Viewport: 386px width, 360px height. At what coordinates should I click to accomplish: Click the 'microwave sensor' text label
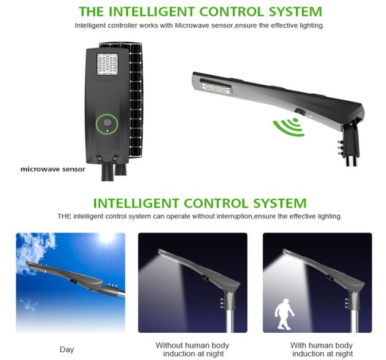click(x=53, y=169)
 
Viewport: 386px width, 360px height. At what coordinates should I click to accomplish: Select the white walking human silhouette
click(x=284, y=314)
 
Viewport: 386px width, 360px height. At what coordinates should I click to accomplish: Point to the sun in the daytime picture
click(x=106, y=238)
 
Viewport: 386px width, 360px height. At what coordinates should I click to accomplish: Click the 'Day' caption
click(x=67, y=349)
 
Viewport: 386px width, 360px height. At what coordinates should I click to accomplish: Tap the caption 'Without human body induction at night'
click(x=192, y=349)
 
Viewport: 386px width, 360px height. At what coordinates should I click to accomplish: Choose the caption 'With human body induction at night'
click(x=322, y=349)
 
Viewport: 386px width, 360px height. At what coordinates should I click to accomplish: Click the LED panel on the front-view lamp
click(x=107, y=64)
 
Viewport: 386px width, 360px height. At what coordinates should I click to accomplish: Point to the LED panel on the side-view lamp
click(x=216, y=87)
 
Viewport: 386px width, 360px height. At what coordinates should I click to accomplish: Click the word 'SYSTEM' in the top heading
click(x=295, y=12)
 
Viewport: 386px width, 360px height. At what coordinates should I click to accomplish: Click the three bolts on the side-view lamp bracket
click(x=341, y=148)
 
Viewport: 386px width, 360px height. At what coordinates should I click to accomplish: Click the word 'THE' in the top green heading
click(x=91, y=12)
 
